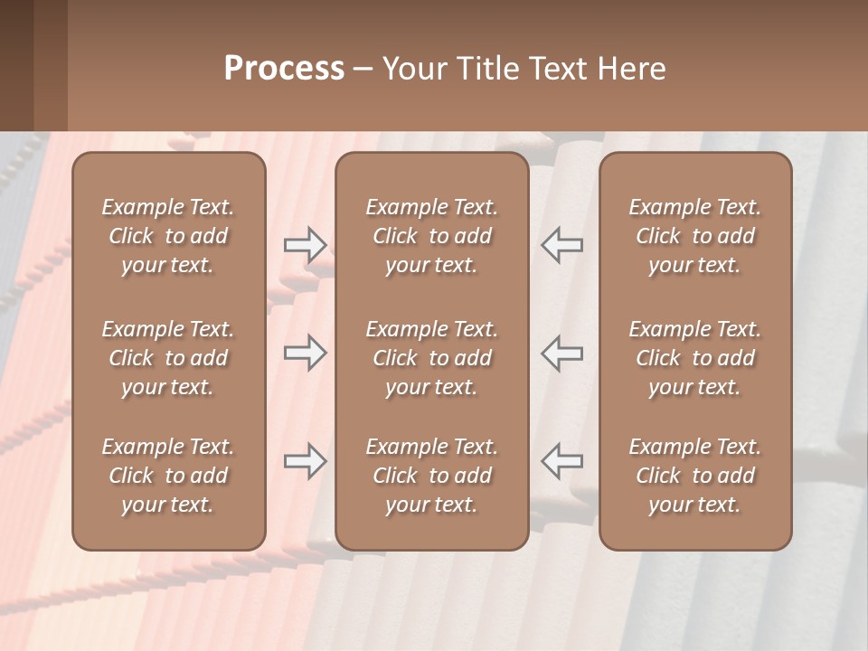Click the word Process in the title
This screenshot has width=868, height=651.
(284, 69)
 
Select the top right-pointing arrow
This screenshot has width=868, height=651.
(306, 244)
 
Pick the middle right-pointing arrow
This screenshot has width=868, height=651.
(306, 353)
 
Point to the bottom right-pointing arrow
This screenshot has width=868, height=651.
(306, 461)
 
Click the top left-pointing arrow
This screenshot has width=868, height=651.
(561, 244)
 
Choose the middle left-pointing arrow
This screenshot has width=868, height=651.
(561, 353)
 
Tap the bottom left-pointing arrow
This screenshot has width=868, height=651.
(561, 461)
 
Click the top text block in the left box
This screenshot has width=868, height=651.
(168, 236)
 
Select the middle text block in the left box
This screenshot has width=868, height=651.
(168, 358)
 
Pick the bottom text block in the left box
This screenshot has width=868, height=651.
(168, 476)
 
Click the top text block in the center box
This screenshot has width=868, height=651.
(431, 236)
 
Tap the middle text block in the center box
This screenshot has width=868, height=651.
(431, 358)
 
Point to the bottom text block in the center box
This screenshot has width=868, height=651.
(431, 476)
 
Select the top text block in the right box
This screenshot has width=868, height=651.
(694, 236)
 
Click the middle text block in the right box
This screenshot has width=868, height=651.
(694, 358)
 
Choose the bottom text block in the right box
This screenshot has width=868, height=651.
(694, 476)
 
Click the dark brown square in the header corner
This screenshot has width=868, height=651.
(18, 65)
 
